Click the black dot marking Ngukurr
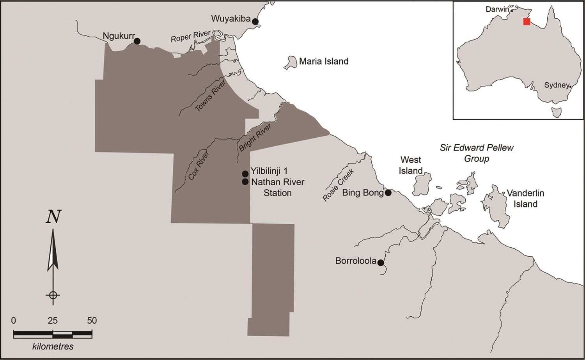[x=137, y=41]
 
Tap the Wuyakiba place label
[x=230, y=19]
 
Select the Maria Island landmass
[x=290, y=62]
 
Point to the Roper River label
[x=191, y=37]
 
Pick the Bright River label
[x=255, y=138]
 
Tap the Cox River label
[x=199, y=165]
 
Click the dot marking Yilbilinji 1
[x=245, y=174]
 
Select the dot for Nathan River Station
[x=245, y=182]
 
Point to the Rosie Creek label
[x=338, y=185]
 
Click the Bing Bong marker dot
[x=388, y=193]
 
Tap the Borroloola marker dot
[x=381, y=262]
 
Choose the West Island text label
[x=411, y=165]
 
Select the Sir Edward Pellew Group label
[x=476, y=153]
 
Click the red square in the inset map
[x=526, y=22]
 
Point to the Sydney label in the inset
[x=557, y=85]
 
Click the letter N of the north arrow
[x=53, y=216]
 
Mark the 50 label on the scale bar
[x=92, y=321]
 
